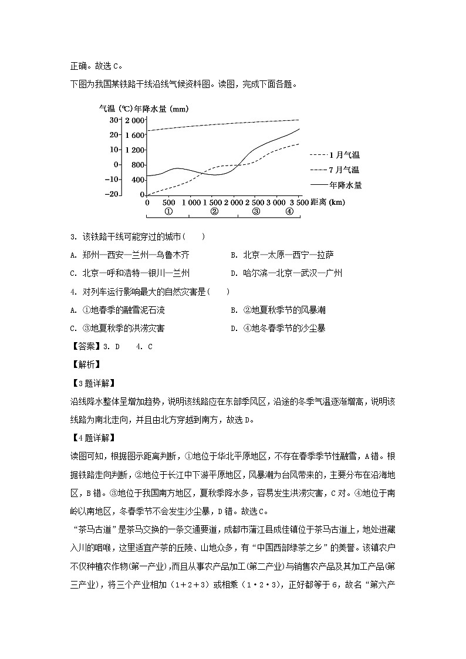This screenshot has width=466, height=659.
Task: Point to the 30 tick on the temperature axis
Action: pos(114,120)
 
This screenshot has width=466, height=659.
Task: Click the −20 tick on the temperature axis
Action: pos(113,194)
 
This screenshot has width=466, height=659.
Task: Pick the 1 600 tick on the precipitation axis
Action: pos(134,135)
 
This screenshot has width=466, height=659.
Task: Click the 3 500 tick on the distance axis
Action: pos(291,202)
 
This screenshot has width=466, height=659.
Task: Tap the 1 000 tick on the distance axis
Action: pos(191,202)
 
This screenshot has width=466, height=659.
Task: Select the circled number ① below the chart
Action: pos(168,212)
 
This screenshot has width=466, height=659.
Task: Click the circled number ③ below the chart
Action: pos(256,212)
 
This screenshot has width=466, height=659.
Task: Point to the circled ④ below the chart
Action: pos(289,212)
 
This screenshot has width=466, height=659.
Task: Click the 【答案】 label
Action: pos(85,346)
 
